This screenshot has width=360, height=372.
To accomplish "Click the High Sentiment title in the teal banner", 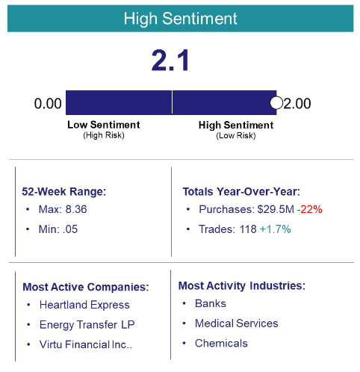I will coord(180,17).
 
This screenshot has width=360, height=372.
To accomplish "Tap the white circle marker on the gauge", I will coord(276,102).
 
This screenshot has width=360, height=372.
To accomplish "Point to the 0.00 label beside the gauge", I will coord(48,103).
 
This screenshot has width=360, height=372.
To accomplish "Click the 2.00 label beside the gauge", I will coord(297,103).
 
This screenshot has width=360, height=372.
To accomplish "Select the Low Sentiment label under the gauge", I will coord(103,125).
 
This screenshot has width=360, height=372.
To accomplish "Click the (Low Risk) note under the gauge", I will coord(235,135).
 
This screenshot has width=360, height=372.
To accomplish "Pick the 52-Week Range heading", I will coord(64,191).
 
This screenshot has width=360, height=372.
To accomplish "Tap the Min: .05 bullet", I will coord(58,229).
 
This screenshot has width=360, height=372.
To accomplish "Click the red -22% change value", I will coord(308,210).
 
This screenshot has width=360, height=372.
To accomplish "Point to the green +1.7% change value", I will coord(275,229).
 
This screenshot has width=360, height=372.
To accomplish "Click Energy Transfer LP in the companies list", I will coord(87,324).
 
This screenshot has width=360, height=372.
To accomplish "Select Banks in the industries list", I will coord(210,304).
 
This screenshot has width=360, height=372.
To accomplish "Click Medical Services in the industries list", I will coord(236,323).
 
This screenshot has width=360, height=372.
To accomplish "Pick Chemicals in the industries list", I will coord(221,343).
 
